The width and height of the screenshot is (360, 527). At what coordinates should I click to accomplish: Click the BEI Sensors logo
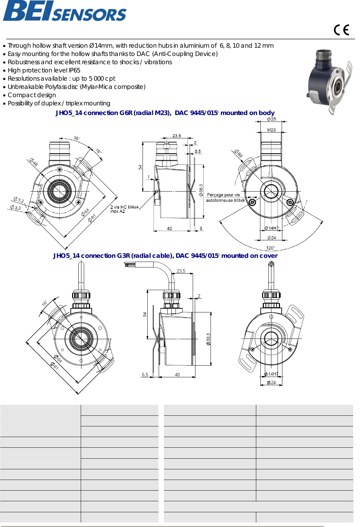point(65,11)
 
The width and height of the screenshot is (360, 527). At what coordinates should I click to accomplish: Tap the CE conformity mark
point(341,30)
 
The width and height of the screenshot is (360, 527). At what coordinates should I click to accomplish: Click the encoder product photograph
point(329,82)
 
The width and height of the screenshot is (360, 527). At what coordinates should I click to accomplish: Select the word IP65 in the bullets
point(74,70)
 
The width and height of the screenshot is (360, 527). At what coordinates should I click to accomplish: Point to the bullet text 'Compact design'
point(32,95)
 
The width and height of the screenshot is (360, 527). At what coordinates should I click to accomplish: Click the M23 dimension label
point(271,130)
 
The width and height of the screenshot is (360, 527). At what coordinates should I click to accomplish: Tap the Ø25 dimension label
point(271,119)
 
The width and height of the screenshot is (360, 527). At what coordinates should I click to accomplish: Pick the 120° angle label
point(271,248)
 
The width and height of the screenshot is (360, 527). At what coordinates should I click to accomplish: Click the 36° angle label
point(77,138)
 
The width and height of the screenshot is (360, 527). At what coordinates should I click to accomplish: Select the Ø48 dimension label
point(33,162)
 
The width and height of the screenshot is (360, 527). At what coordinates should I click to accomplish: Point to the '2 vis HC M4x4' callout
point(124,207)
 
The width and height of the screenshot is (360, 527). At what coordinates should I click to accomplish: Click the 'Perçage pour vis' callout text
point(223,195)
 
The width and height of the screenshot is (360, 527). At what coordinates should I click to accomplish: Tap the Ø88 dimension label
point(238,153)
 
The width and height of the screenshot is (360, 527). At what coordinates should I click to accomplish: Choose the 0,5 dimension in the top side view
point(198,151)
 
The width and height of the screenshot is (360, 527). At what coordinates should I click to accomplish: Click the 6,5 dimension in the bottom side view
point(145,375)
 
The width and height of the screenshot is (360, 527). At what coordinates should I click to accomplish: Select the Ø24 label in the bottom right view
point(271,382)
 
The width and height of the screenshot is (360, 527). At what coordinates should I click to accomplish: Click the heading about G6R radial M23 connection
point(165,113)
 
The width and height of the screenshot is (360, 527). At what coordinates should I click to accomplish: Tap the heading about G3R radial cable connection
point(165,256)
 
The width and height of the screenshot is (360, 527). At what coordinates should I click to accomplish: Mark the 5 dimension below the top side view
point(201,229)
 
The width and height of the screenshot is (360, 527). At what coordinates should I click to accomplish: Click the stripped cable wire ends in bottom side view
point(129,264)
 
